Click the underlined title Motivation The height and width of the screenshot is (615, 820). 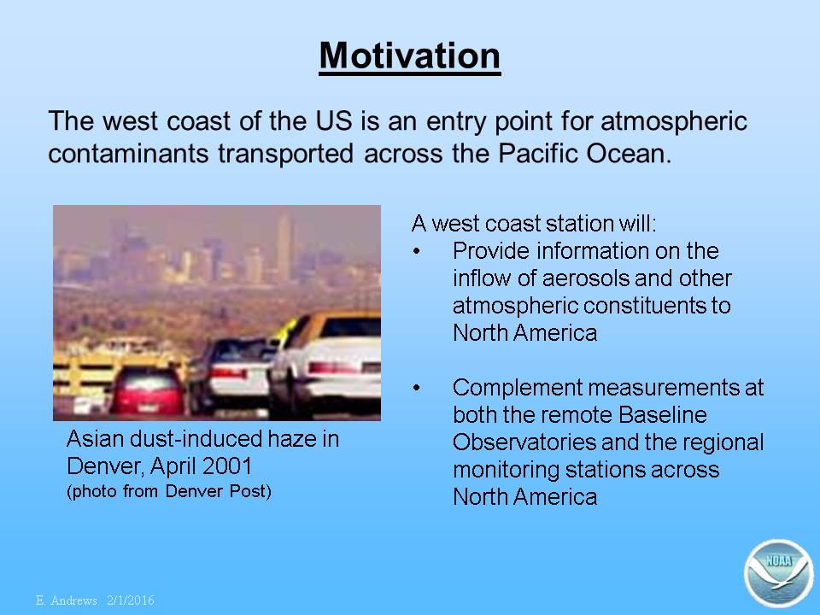click(x=409, y=56)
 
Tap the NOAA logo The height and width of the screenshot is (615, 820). click(x=779, y=573)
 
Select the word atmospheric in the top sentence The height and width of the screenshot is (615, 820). click(x=674, y=120)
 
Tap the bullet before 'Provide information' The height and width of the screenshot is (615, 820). click(x=416, y=251)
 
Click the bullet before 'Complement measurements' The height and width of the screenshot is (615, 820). click(x=416, y=388)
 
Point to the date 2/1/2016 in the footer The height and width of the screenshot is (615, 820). click(x=131, y=600)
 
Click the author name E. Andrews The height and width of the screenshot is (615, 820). click(x=67, y=600)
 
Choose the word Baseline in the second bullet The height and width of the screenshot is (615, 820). click(x=663, y=415)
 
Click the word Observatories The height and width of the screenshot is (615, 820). click(x=524, y=442)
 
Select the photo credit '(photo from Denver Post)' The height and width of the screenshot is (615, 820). click(x=169, y=492)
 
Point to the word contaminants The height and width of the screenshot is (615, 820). click(x=128, y=153)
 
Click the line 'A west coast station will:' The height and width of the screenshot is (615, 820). click(x=534, y=223)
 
